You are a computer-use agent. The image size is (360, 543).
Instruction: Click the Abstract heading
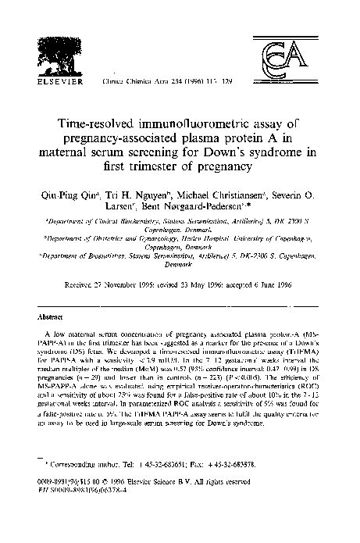click(x=52, y=296)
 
